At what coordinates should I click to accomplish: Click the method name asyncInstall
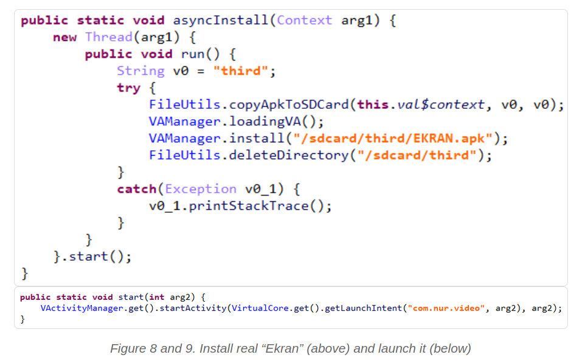point(221,20)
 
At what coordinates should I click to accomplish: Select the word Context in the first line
point(304,20)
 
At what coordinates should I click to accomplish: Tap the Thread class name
point(109,37)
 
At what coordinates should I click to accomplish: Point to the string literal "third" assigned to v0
point(241,71)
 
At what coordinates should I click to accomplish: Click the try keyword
point(129,88)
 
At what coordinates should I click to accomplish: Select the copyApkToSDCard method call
point(288,105)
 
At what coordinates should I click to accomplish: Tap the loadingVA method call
point(265,122)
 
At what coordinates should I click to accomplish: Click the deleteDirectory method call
point(288,155)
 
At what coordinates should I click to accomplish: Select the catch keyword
point(137,189)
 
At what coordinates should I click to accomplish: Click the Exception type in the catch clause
point(201,189)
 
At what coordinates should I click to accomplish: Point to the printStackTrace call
point(249,206)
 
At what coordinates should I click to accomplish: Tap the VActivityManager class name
point(81,308)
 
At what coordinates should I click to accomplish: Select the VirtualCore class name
point(260,308)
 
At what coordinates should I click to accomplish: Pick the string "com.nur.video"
point(446,308)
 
